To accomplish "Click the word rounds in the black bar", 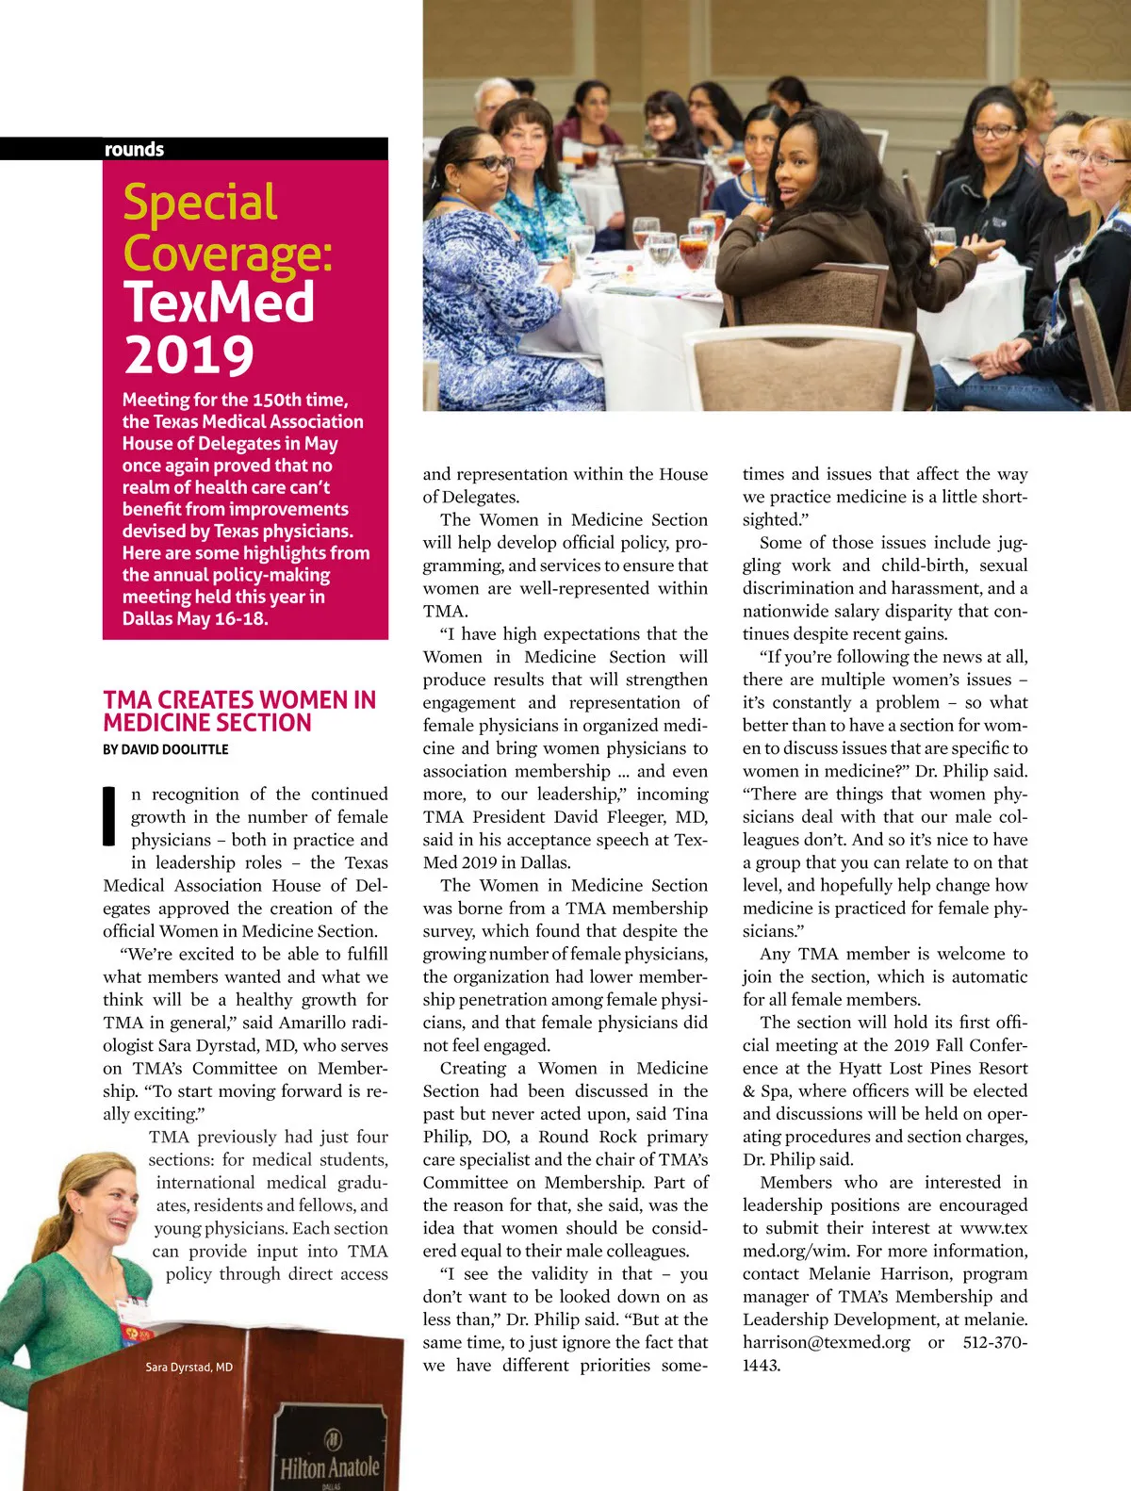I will (134, 149).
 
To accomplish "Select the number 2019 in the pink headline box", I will (188, 354).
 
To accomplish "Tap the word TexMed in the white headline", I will (219, 303).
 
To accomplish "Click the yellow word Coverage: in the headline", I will (227, 253).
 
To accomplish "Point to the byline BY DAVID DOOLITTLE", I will (166, 749).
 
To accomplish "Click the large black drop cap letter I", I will (110, 815).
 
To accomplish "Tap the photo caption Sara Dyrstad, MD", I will (188, 1367).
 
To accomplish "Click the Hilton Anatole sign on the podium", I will (330, 1466).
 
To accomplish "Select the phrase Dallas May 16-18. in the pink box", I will (195, 618).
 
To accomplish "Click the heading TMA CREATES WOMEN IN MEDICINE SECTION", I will (239, 712).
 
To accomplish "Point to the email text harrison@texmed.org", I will (827, 1342).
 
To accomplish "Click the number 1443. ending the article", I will (762, 1365).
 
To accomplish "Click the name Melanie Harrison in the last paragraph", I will (877, 1273).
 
